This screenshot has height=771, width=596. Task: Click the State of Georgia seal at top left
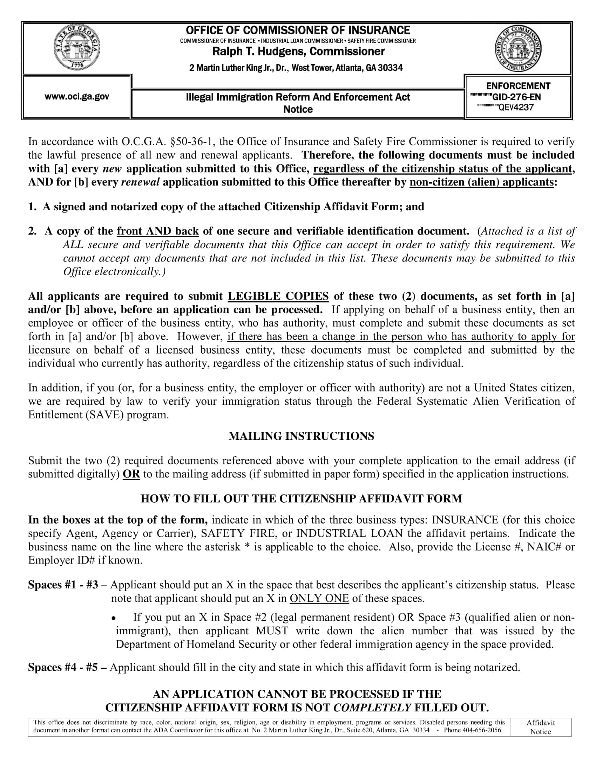(77, 48)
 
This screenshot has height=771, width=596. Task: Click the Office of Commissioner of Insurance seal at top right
(518, 49)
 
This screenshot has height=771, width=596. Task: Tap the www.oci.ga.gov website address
(77, 96)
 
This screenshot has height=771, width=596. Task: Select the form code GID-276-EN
(516, 97)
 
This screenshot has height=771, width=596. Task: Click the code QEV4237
(516, 108)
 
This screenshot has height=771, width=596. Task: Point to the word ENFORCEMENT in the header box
(518, 86)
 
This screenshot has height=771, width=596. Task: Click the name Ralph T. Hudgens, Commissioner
(298, 52)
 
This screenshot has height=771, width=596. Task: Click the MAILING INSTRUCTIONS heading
(301, 436)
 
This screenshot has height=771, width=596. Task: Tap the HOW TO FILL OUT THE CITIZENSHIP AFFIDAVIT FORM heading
(301, 498)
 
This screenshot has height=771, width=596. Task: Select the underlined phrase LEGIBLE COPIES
(278, 296)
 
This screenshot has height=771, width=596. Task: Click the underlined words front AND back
(158, 231)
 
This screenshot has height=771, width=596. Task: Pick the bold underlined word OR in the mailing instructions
(131, 474)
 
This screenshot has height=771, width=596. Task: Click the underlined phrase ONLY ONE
(319, 598)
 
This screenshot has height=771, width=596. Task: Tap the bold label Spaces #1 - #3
(63, 585)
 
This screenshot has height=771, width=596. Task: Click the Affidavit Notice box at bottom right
(540, 727)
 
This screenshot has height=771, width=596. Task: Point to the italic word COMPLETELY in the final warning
(372, 708)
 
